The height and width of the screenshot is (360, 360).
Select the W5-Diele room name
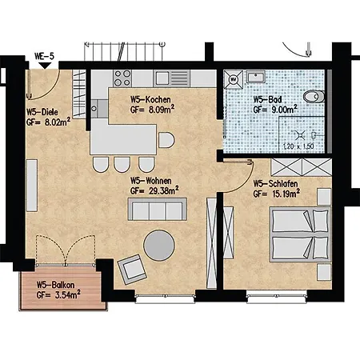click(x=42, y=112)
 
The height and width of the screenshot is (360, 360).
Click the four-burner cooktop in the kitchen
click(x=123, y=78)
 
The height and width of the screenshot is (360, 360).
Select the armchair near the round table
click(x=130, y=266)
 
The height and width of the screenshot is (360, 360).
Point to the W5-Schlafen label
click(x=275, y=183)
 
